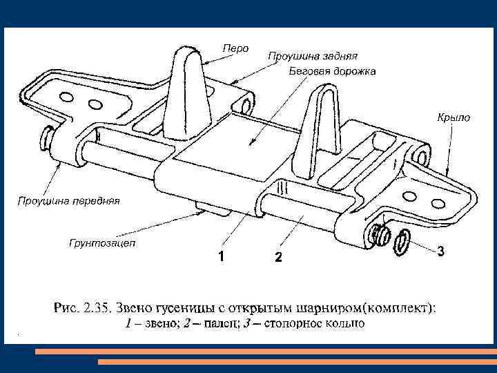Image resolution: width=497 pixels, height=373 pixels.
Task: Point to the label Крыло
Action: coord(453,117)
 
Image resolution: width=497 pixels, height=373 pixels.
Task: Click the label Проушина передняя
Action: coord(68,201)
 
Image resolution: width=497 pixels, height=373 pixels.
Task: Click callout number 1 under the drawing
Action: coord(220,256)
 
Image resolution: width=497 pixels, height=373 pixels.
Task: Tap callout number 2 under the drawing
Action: coord(277,258)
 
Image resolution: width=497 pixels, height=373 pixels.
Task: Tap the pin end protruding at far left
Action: coord(49,137)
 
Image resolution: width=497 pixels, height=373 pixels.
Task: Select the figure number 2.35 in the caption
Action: coord(94,307)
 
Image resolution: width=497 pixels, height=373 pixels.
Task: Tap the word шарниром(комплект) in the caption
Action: coord(373,307)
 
